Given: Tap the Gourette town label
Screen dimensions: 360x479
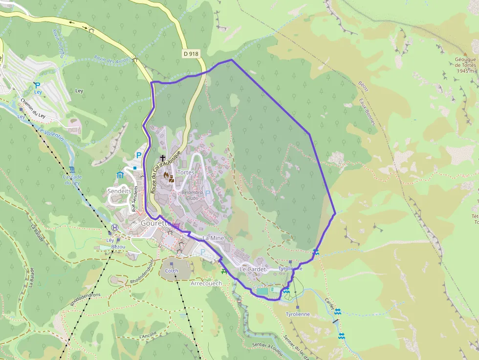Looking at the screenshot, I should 155,223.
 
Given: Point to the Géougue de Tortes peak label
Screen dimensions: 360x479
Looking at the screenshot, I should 464,65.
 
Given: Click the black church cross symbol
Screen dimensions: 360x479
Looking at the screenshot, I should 163,158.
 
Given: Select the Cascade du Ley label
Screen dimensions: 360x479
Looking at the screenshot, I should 72,179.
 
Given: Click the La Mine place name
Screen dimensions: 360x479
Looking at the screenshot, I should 213,238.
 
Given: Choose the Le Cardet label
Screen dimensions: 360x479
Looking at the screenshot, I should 253,269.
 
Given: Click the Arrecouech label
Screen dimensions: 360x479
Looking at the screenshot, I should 206,283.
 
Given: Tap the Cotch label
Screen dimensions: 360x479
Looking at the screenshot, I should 172,271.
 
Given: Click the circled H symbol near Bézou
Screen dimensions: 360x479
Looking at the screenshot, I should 115,228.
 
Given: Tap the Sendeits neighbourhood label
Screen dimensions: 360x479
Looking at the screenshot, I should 119,191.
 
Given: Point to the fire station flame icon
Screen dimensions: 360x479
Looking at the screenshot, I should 166,174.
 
